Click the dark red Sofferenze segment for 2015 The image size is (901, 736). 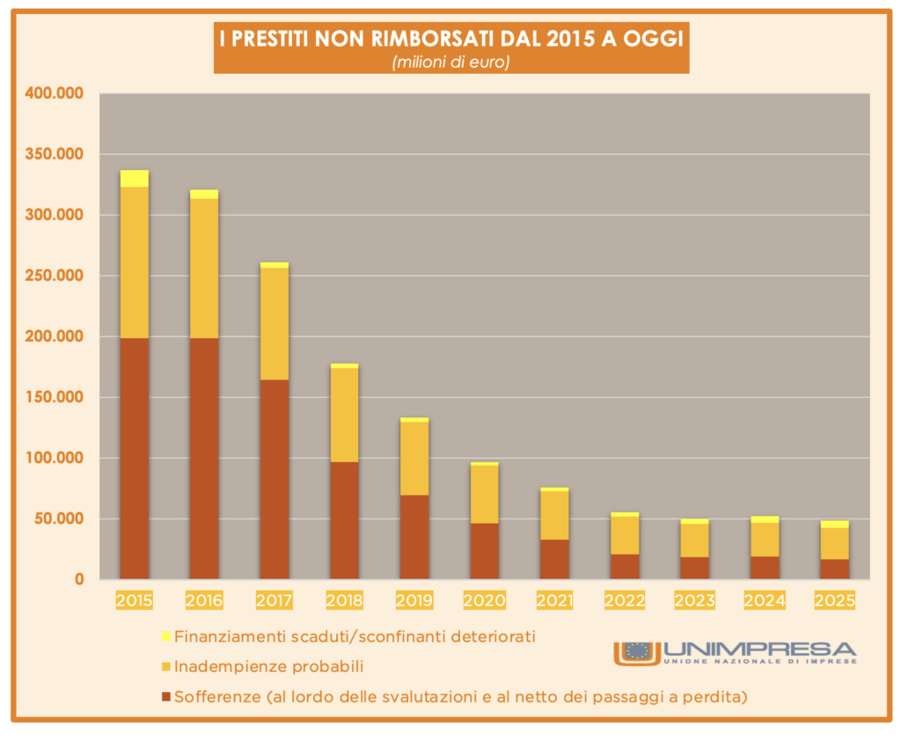click(134, 458)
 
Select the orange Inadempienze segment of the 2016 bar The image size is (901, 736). click(204, 269)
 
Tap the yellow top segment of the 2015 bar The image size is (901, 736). click(134, 179)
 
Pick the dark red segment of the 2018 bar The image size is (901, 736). click(344, 519)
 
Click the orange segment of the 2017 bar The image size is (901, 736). click(275, 323)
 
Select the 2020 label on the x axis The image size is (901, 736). click(484, 601)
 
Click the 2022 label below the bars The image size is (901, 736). click(624, 601)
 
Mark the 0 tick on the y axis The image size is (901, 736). click(78, 579)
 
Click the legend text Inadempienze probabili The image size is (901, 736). click(269, 666)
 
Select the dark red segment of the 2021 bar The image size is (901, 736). click(554, 559)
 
